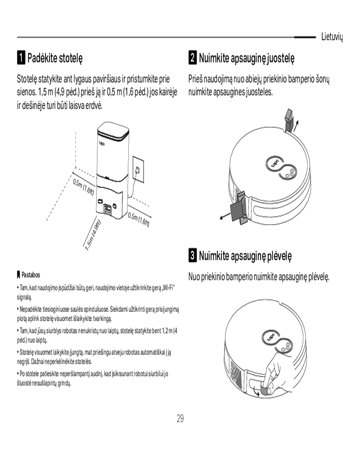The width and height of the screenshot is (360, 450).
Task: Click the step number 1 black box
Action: click(21, 58)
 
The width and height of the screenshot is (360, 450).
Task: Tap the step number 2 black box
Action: click(193, 58)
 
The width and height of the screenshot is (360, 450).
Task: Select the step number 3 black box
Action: click(193, 255)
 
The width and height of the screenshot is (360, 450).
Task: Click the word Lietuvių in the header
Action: click(332, 37)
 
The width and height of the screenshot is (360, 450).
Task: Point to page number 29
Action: click(180, 418)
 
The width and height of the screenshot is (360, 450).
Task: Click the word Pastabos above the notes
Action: click(31, 274)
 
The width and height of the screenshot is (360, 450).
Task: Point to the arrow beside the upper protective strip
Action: click(296, 126)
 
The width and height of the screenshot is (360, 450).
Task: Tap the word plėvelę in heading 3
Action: click(279, 256)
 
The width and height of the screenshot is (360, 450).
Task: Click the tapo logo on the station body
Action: click(102, 143)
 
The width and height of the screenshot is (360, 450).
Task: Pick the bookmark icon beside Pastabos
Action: click(18, 275)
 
